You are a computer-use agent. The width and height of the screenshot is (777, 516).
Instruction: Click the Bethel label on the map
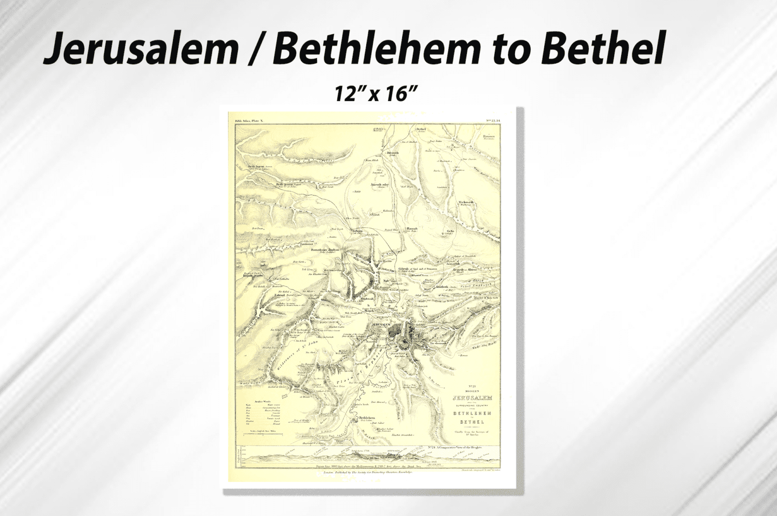click(421, 129)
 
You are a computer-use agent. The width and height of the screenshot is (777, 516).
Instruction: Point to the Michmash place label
click(466, 202)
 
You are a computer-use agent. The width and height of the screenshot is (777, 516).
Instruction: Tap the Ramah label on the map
click(412, 229)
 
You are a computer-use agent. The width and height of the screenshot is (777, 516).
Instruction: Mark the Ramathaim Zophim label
click(325, 249)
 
